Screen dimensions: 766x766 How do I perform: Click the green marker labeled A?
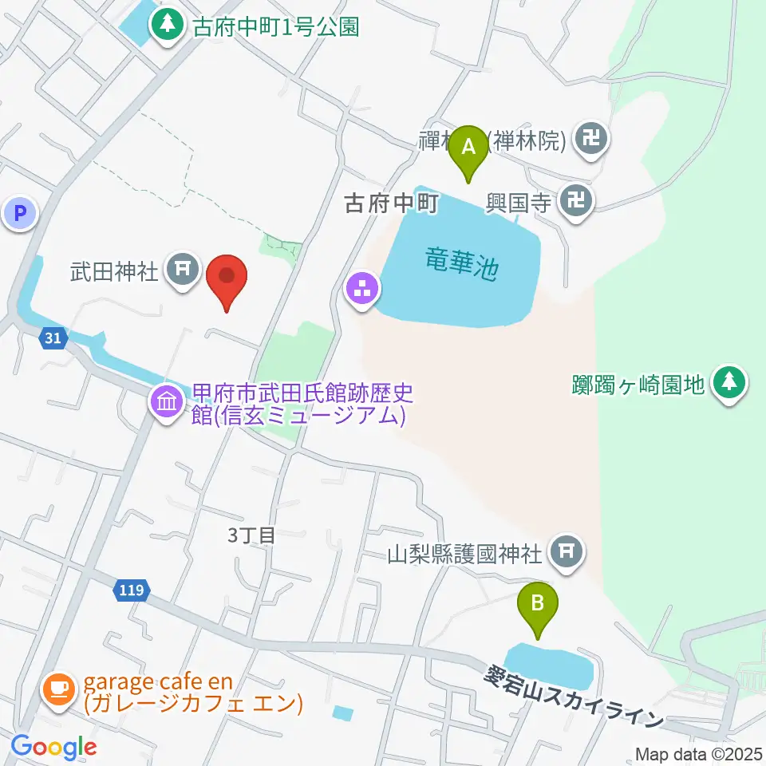point(468,148)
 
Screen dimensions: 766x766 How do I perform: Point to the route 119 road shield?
point(132,590)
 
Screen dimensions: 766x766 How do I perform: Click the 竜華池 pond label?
point(462,263)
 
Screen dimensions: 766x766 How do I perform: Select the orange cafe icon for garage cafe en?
point(59,686)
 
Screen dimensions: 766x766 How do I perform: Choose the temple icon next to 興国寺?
point(576,200)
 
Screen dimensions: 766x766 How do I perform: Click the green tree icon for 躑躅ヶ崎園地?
point(728,384)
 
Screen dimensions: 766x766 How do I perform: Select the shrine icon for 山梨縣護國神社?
point(567,551)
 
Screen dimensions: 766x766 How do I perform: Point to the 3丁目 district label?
point(251,535)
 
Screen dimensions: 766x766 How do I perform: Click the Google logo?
point(53,748)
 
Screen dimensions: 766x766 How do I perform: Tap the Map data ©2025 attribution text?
point(699,753)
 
